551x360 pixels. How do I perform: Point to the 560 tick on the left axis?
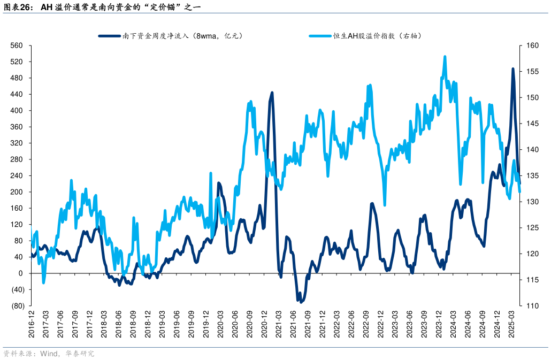click(17, 45)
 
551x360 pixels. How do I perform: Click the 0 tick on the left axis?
click(21, 273)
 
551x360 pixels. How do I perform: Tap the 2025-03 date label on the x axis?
click(512, 323)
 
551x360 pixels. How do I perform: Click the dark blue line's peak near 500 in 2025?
click(512, 69)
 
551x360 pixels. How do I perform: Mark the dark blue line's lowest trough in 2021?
click(301, 302)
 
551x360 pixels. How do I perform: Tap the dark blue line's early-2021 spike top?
click(272, 93)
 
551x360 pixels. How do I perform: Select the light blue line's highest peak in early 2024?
click(445, 56)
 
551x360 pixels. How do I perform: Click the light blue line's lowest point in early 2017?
click(44, 282)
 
